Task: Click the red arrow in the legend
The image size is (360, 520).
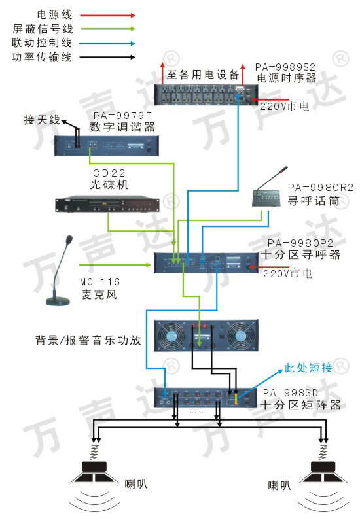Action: (x=107, y=15)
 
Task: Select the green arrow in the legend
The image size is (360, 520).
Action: (x=107, y=29)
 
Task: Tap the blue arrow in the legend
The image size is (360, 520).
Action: (x=107, y=43)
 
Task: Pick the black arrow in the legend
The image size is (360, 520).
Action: (x=107, y=57)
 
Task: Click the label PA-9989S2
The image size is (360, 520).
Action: (x=285, y=67)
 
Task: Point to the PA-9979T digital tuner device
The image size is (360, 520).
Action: (x=107, y=146)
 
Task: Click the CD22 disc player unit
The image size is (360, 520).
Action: (x=107, y=204)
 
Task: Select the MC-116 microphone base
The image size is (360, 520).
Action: (x=58, y=301)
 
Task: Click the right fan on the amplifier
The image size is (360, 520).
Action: (x=240, y=336)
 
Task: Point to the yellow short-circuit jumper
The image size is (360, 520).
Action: (x=236, y=398)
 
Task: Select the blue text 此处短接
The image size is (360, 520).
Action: (x=308, y=368)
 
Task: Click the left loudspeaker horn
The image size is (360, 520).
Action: (x=94, y=472)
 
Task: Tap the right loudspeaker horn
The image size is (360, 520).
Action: (x=323, y=472)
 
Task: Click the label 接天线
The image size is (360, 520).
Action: (x=42, y=120)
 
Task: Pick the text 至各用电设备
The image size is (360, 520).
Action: (x=203, y=75)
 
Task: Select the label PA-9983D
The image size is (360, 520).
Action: (x=291, y=393)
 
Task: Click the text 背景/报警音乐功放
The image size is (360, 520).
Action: (x=88, y=340)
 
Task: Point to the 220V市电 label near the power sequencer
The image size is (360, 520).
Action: (x=284, y=106)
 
